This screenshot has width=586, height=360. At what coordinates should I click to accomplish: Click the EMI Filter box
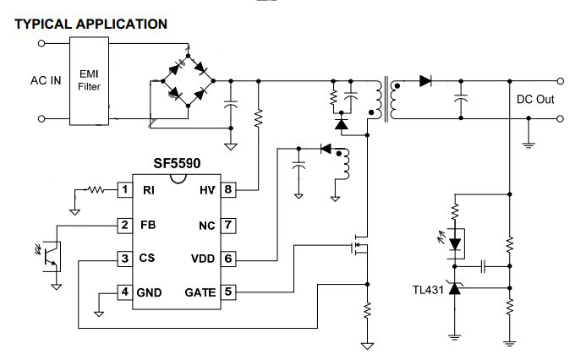89,81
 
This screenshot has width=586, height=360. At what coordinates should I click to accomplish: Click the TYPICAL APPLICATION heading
91,24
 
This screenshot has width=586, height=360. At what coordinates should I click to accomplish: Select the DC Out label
534,100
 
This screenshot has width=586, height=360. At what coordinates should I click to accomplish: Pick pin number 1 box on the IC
124,189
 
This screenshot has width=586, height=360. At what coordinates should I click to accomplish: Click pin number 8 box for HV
228,189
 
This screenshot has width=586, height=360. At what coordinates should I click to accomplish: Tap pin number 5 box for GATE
228,292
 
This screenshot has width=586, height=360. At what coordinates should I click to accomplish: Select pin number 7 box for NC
228,226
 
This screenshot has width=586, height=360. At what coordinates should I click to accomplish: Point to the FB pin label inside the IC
148,226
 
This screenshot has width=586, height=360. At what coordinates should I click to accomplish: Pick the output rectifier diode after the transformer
425,81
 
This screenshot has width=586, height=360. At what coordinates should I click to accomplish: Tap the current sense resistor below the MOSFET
367,310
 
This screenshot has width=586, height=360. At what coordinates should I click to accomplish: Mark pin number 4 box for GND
124,292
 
